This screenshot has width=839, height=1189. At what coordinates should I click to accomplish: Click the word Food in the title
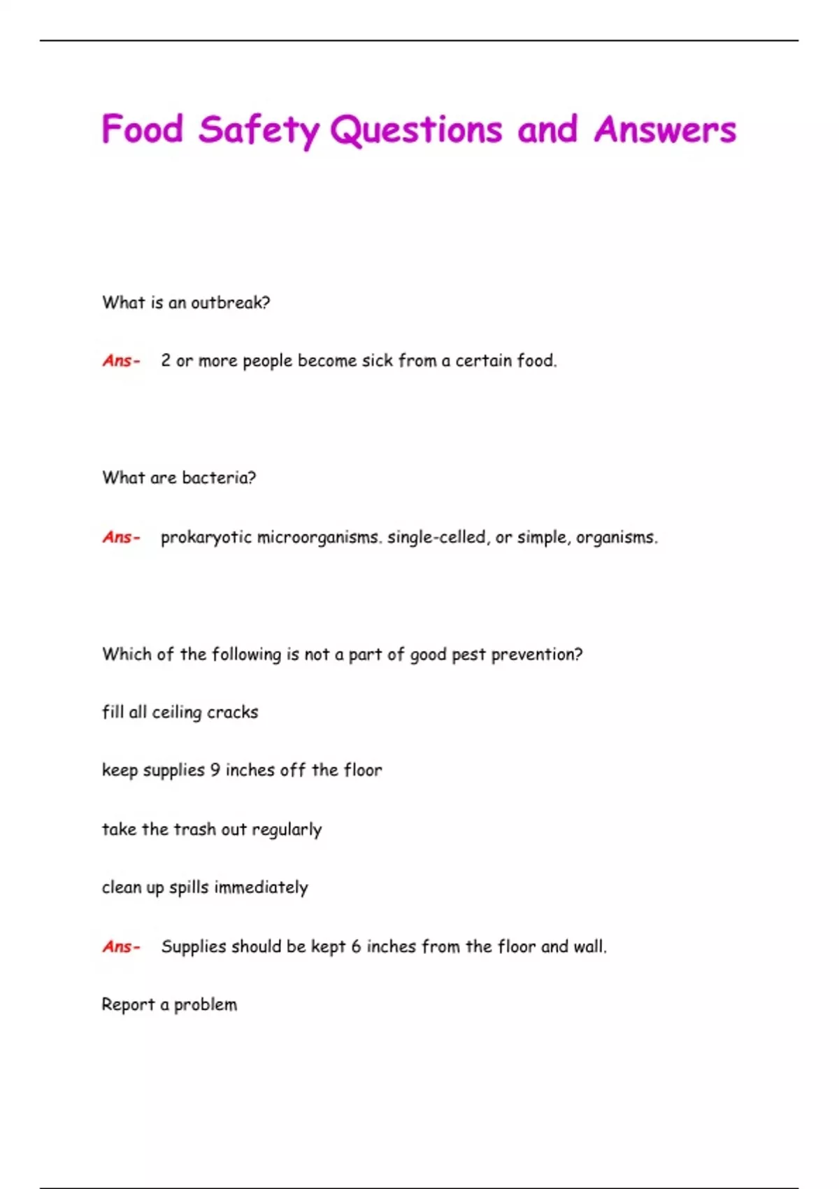pyautogui.click(x=143, y=129)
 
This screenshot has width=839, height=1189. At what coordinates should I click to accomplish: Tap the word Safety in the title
pyautogui.click(x=258, y=131)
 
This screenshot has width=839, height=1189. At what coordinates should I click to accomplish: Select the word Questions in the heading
pyautogui.click(x=416, y=131)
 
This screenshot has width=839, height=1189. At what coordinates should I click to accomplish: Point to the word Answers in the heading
pyautogui.click(x=665, y=129)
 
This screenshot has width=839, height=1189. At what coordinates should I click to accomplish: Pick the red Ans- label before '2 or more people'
pyautogui.click(x=121, y=361)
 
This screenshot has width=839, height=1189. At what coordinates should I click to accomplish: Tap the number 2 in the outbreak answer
pyautogui.click(x=166, y=361)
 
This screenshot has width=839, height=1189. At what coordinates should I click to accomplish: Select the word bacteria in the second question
pyautogui.click(x=218, y=478)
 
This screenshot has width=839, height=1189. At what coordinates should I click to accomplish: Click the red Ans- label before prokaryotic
pyautogui.click(x=121, y=537)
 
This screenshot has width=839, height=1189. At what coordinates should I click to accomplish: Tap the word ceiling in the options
pyautogui.click(x=176, y=713)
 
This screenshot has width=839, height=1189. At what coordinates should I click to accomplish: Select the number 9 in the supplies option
pyautogui.click(x=215, y=770)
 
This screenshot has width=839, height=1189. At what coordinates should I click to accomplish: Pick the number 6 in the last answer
pyautogui.click(x=356, y=947)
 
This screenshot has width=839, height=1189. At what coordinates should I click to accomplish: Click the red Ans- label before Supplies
pyautogui.click(x=121, y=947)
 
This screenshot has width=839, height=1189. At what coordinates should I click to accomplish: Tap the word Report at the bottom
pyautogui.click(x=128, y=1005)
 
